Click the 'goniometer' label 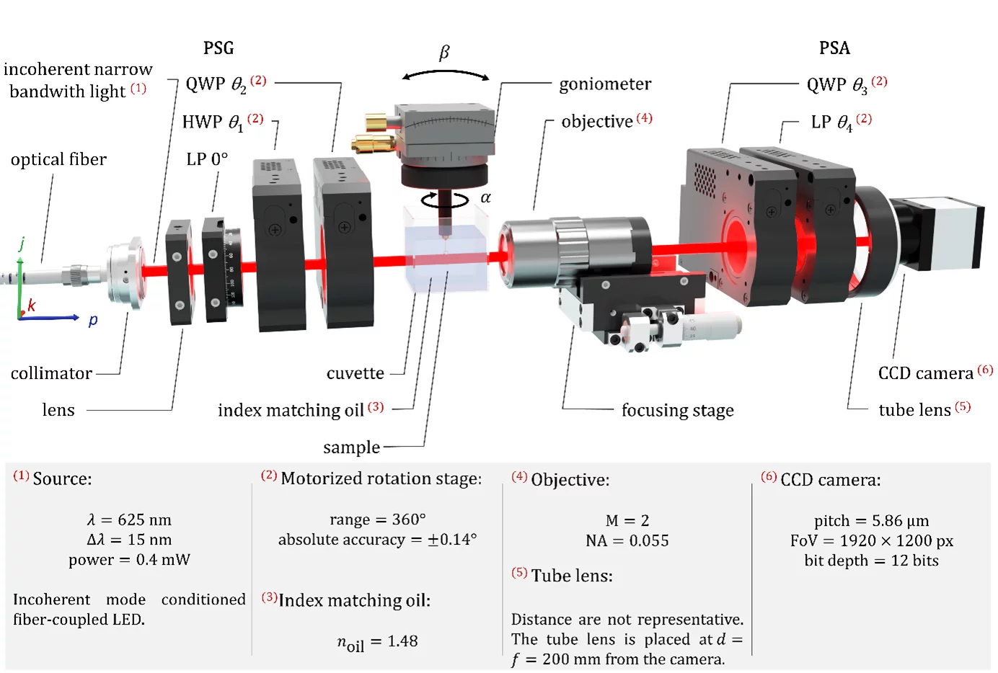coord(604,84)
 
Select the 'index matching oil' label coord(291,410)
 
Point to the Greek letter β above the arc coord(444,53)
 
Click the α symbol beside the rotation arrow coord(485,197)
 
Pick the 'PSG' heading coord(218,48)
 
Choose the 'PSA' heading coord(834,48)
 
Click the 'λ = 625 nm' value coord(129,520)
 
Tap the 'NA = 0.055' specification coord(627,540)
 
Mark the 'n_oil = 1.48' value coord(377,641)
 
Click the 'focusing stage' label coord(677,410)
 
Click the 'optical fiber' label coord(58,159)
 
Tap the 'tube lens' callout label coord(914,410)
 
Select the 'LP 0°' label coord(207,159)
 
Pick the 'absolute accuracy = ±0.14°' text coord(377,540)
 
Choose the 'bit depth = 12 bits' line coord(871,561)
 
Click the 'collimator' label coord(51,373)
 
